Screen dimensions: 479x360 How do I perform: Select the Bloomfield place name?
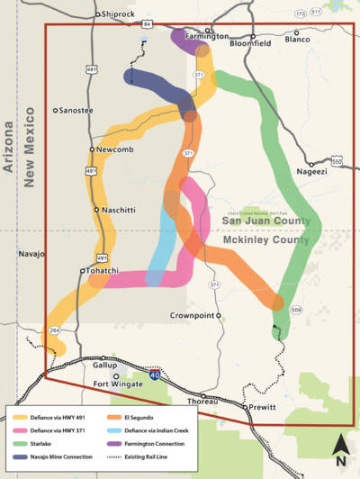click(x=249, y=42)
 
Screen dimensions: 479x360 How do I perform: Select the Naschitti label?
click(x=118, y=210)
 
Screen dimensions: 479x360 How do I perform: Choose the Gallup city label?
click(x=105, y=366)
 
